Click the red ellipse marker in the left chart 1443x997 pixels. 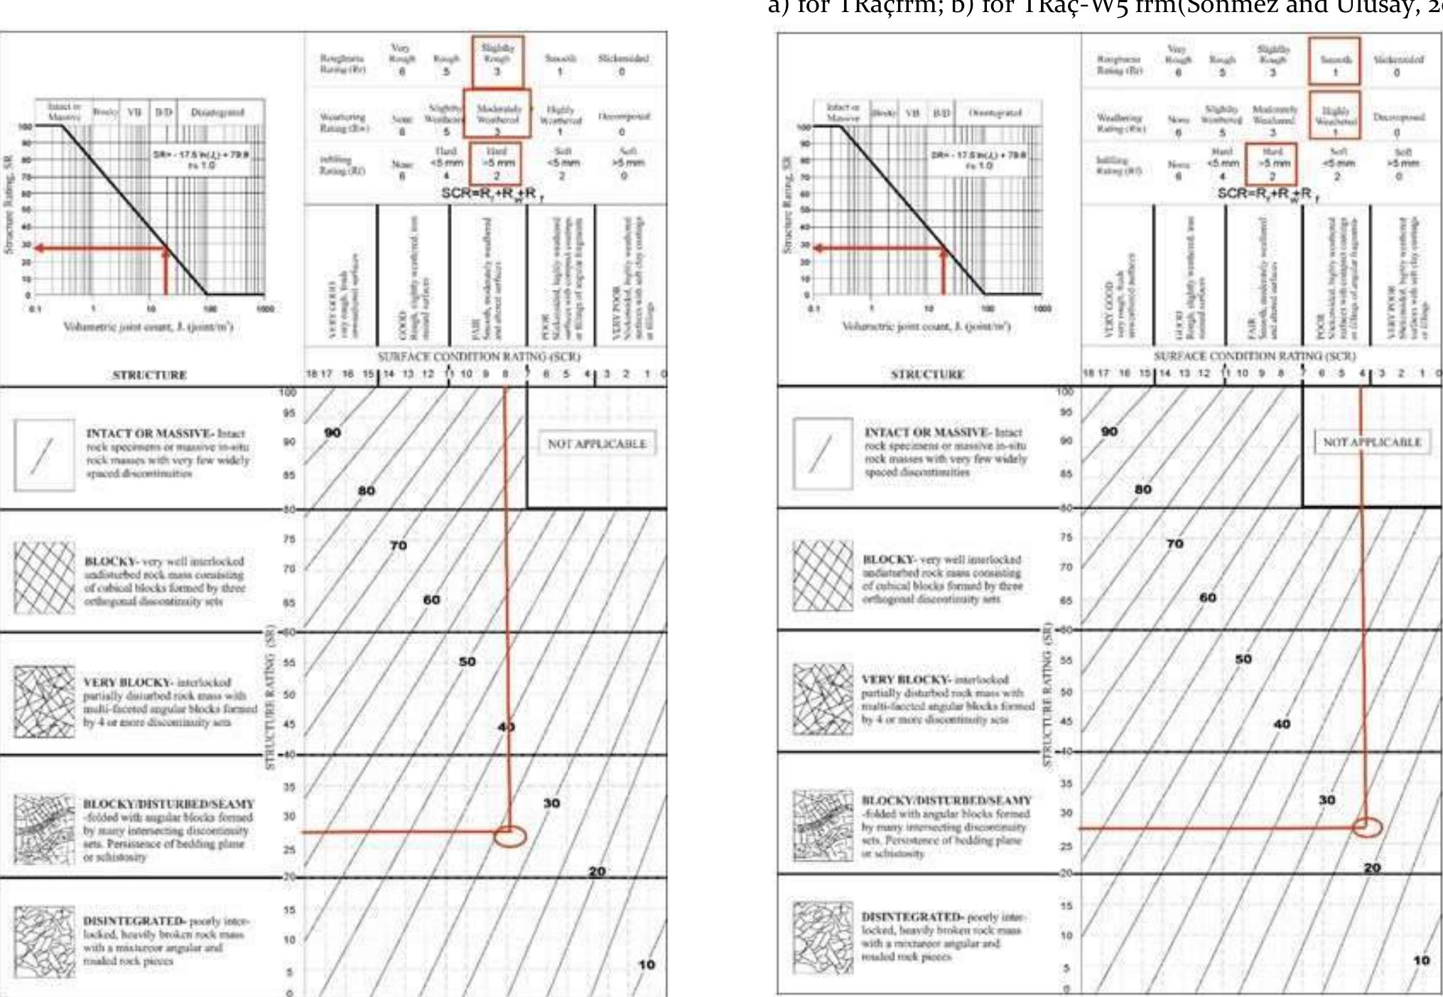[509, 837]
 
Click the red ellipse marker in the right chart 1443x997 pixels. [1366, 827]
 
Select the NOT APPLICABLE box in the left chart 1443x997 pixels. [597, 444]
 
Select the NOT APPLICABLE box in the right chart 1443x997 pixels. [1372, 442]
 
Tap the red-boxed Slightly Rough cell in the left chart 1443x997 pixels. [497, 60]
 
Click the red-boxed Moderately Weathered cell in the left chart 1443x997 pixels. [497, 113]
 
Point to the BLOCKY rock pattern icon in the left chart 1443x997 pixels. [44, 577]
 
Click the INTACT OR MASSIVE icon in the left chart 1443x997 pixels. [44, 455]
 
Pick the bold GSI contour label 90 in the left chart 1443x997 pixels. [333, 432]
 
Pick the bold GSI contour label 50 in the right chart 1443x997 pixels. [1243, 659]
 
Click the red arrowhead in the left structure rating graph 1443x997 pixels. [39, 249]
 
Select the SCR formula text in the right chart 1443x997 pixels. [1268, 194]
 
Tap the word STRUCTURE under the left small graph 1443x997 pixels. [149, 375]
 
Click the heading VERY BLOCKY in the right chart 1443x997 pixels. [906, 679]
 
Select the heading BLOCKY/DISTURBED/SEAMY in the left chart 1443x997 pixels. [168, 804]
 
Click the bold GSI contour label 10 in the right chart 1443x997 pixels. [1421, 960]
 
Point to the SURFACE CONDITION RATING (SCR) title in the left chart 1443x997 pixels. [478, 356]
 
